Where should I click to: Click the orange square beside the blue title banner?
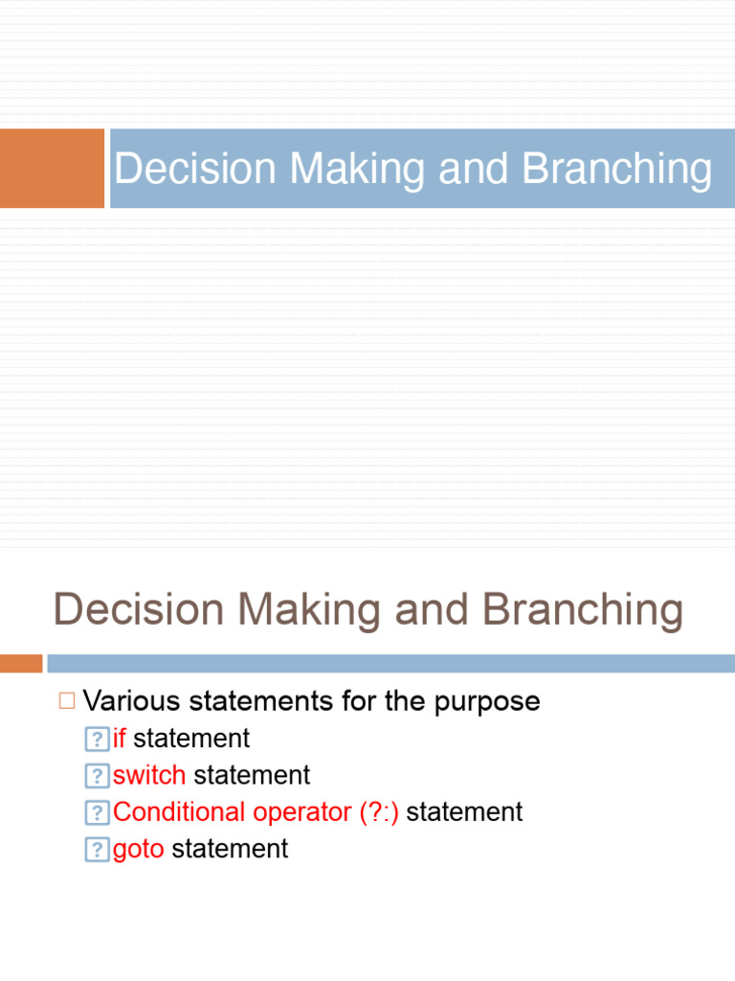coord(52,169)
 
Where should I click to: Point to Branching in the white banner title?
coord(617,170)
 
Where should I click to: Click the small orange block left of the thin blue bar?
coord(21,663)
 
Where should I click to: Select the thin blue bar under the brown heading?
coord(390,663)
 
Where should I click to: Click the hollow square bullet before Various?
coord(66,701)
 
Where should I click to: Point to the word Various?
coord(131,701)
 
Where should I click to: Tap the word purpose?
coord(487,701)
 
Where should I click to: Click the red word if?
coord(120,739)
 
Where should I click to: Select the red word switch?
coord(149,775)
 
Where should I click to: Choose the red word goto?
coord(139,849)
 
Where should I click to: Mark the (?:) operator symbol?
coord(379,812)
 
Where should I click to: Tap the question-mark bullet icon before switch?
coord(97,776)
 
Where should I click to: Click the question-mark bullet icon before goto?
coord(97,850)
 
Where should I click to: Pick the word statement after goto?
coord(230,849)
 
